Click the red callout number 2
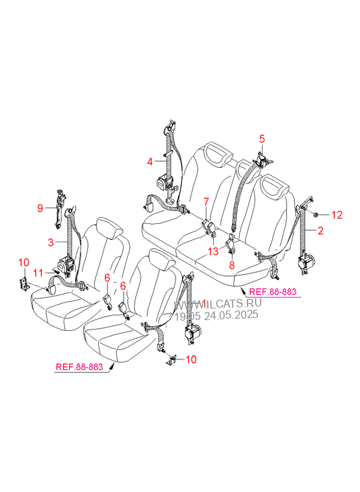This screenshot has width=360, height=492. click(320, 231)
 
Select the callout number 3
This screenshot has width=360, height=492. click(51, 242)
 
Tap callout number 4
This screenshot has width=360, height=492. click(150, 162)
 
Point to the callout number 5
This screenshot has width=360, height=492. click(262, 139)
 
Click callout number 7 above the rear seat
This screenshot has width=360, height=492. click(206, 202)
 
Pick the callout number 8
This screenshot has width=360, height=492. click(232, 265)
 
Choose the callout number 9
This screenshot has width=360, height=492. click(40, 208)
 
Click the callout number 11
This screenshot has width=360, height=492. click(39, 273)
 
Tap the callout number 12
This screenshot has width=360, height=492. click(337, 215)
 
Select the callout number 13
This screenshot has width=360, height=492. click(213, 251)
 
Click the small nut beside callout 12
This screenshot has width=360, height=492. click(315, 215)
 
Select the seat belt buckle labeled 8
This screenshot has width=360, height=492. click(231, 243)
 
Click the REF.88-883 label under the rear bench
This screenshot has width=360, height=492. click(273, 292)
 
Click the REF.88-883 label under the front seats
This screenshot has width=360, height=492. click(79, 367)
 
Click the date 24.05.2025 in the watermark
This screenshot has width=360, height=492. click(231, 315)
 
